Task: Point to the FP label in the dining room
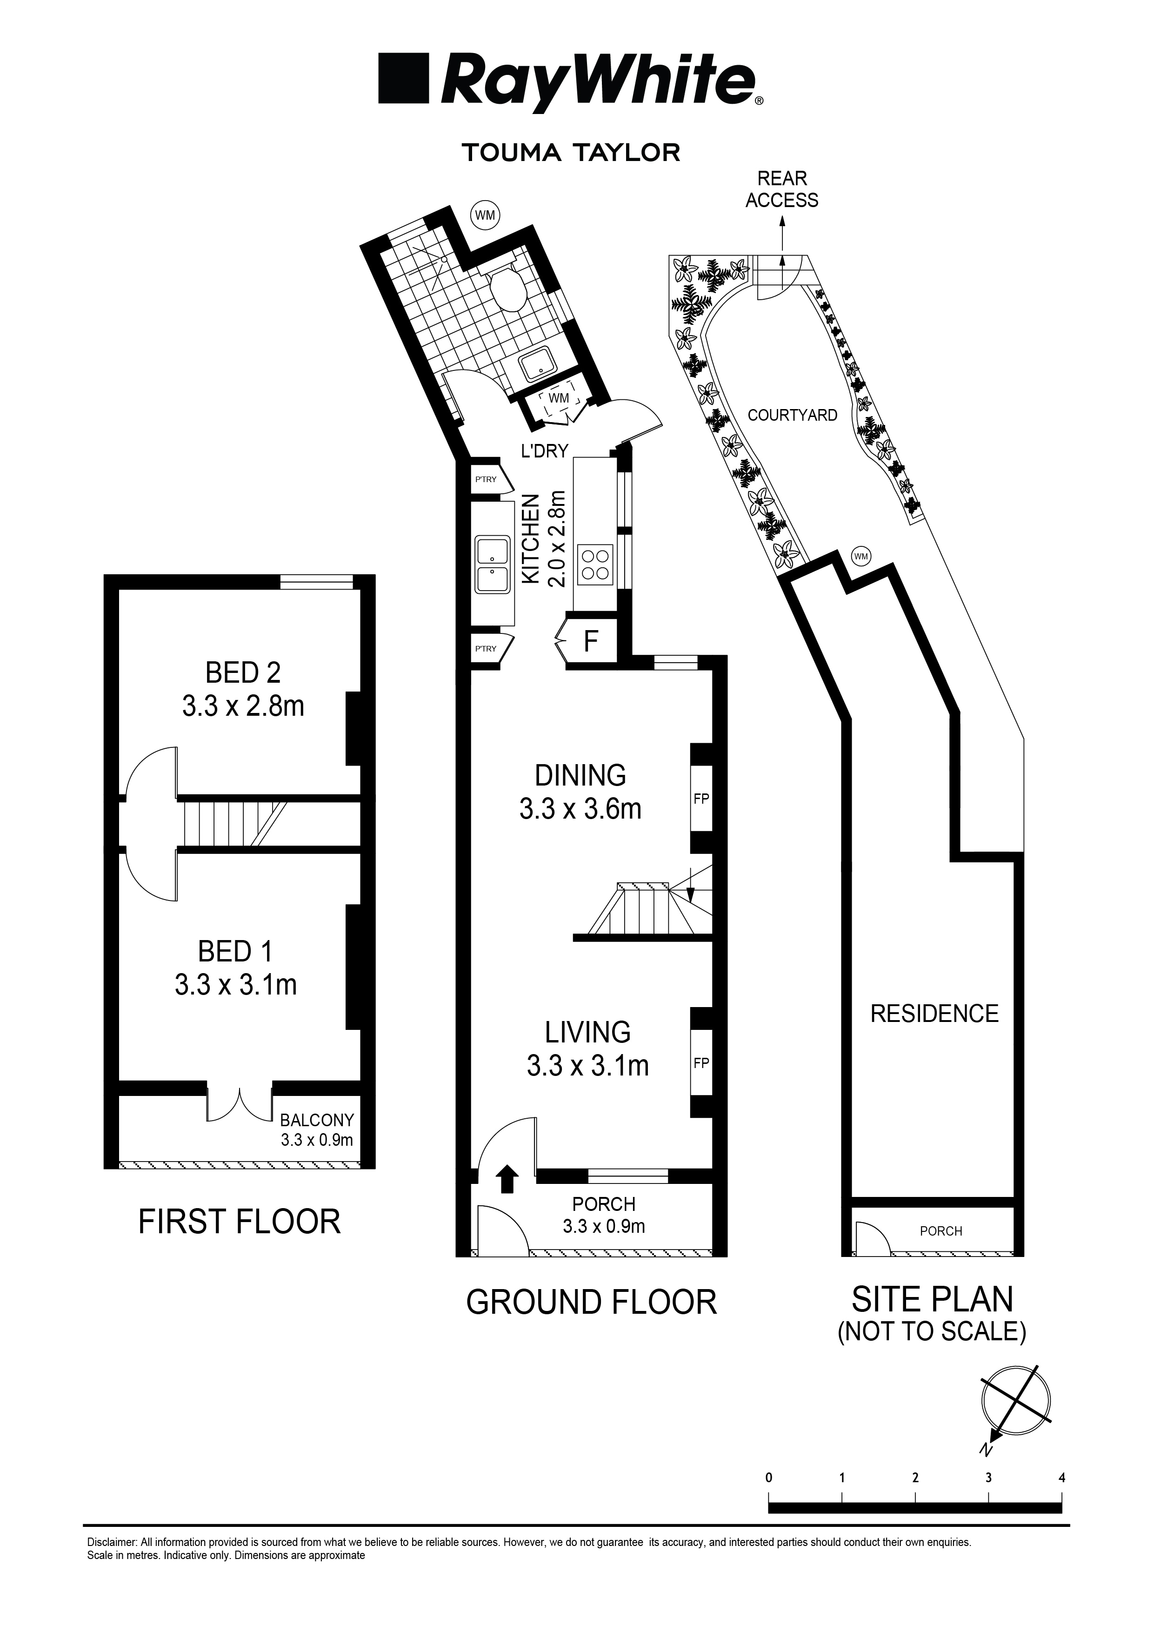coord(701,798)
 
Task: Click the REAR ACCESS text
coord(781,189)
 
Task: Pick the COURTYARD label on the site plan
coord(792,416)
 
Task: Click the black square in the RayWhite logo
coord(404,79)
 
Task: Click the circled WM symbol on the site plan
coord(861,556)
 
